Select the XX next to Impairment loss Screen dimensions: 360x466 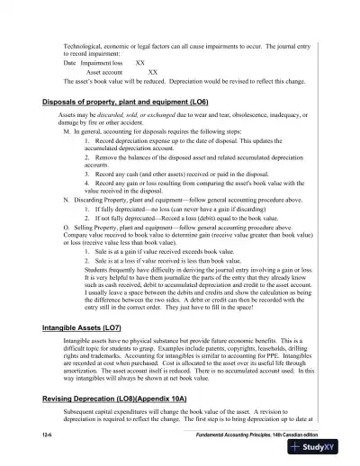(x=139, y=64)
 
